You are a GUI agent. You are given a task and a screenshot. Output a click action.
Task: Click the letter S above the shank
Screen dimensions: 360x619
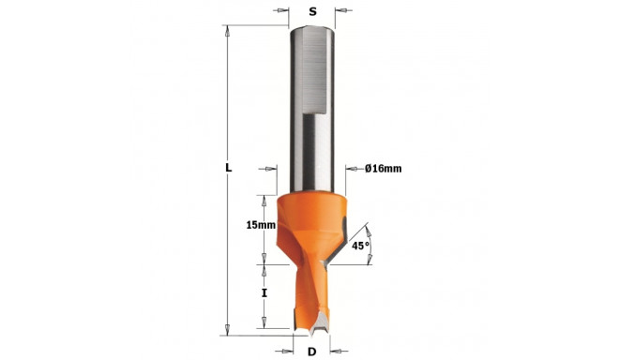pyautogui.click(x=311, y=12)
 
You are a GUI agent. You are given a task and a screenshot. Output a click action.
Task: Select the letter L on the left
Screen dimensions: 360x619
pyautogui.click(x=228, y=168)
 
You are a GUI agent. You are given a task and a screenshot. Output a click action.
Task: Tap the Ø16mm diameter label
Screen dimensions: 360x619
pyautogui.click(x=381, y=169)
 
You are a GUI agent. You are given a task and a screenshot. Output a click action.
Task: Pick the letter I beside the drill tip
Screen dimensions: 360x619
pyautogui.click(x=265, y=292)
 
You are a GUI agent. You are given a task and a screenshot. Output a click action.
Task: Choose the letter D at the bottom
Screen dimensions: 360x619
pyautogui.click(x=312, y=352)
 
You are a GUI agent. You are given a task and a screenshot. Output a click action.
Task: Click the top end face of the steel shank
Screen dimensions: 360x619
pyautogui.click(x=311, y=30)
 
